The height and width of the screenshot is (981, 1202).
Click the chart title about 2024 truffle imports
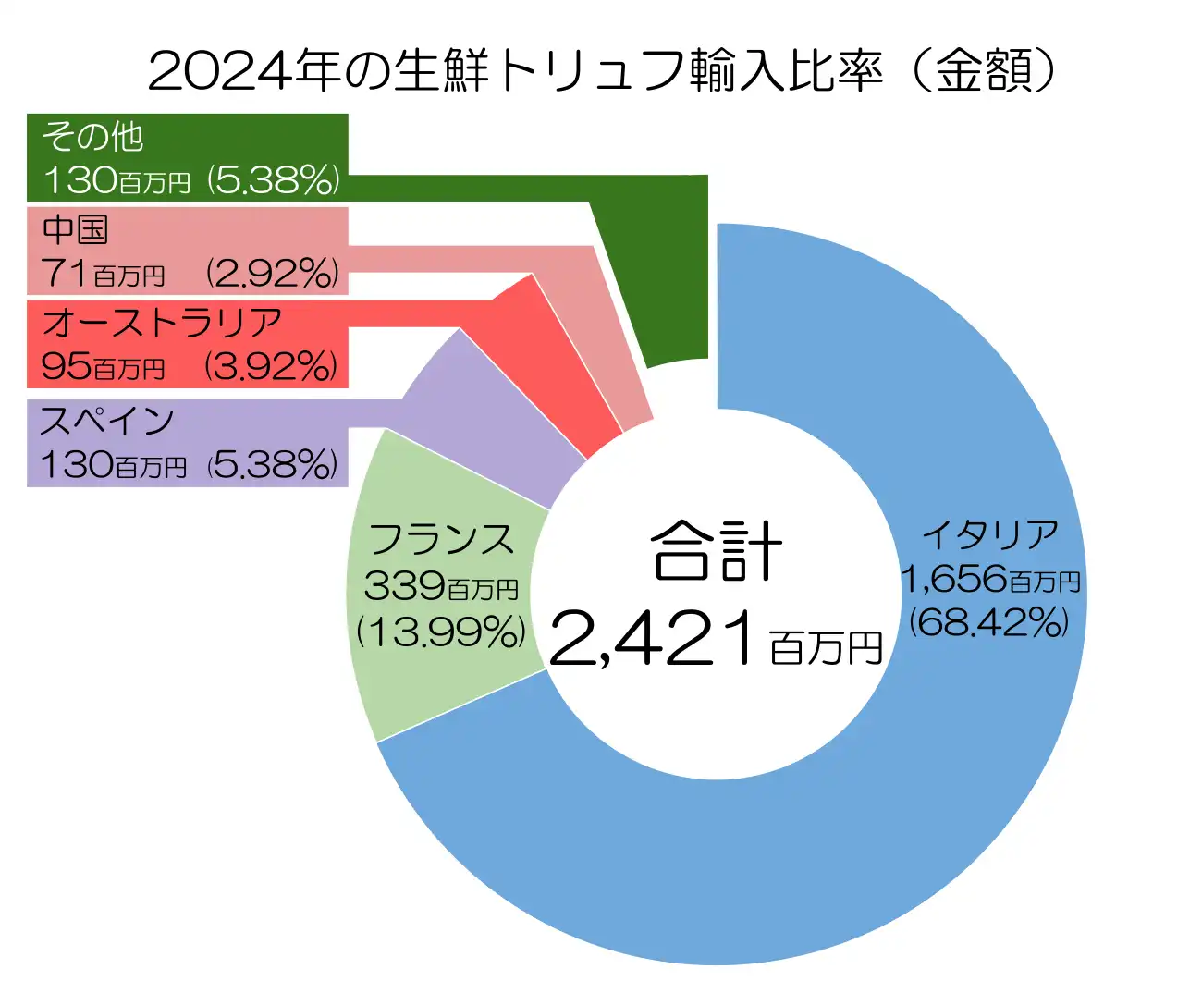[x=601, y=70]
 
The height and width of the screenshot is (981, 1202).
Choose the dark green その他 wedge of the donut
[x=666, y=277]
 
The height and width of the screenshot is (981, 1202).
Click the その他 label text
[x=92, y=137]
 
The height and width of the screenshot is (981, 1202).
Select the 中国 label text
[x=76, y=229]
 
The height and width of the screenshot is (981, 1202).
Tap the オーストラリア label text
[x=162, y=323]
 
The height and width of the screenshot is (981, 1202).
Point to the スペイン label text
[x=106, y=422]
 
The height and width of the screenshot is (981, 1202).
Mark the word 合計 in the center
[x=717, y=551]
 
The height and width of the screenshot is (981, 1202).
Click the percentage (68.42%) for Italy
[x=989, y=622]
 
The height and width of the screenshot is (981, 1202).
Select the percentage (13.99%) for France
[x=441, y=632]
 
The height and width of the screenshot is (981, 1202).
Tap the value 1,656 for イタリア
[x=953, y=580]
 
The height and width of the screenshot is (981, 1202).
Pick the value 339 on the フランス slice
[x=404, y=586]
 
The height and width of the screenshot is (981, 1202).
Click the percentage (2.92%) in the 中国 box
[x=273, y=274]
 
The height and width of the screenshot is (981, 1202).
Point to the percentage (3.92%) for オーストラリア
[x=272, y=367]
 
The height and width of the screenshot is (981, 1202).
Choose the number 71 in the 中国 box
[x=64, y=274]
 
